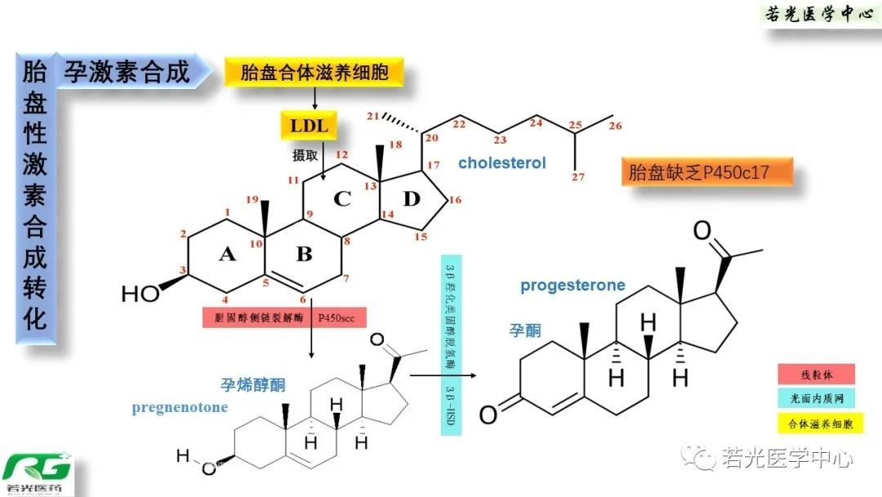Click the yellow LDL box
point(309,126)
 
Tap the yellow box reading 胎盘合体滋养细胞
point(314,72)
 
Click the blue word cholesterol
point(501,163)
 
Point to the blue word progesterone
point(572,285)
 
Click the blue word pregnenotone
point(180,407)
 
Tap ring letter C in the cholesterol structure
point(342,199)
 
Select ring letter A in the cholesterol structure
point(227,255)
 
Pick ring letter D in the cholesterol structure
point(411,199)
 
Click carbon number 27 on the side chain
point(581,177)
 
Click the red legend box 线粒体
point(816,374)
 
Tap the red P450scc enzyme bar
point(282,317)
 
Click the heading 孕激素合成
point(127,72)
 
